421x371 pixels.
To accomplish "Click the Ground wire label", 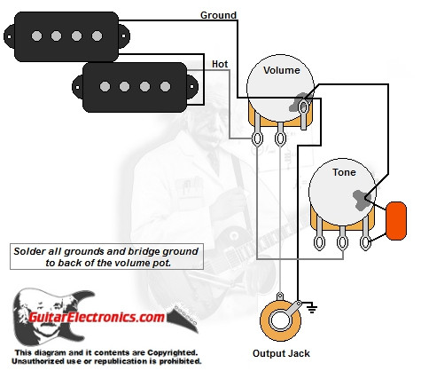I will pyautogui.click(x=218, y=15).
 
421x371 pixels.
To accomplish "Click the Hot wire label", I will pyautogui.click(x=221, y=64).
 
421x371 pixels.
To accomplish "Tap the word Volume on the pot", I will pyautogui.click(x=282, y=71).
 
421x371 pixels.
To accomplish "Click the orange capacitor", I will pyautogui.click(x=396, y=218).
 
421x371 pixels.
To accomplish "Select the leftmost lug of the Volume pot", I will pyautogui.click(x=258, y=138).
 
